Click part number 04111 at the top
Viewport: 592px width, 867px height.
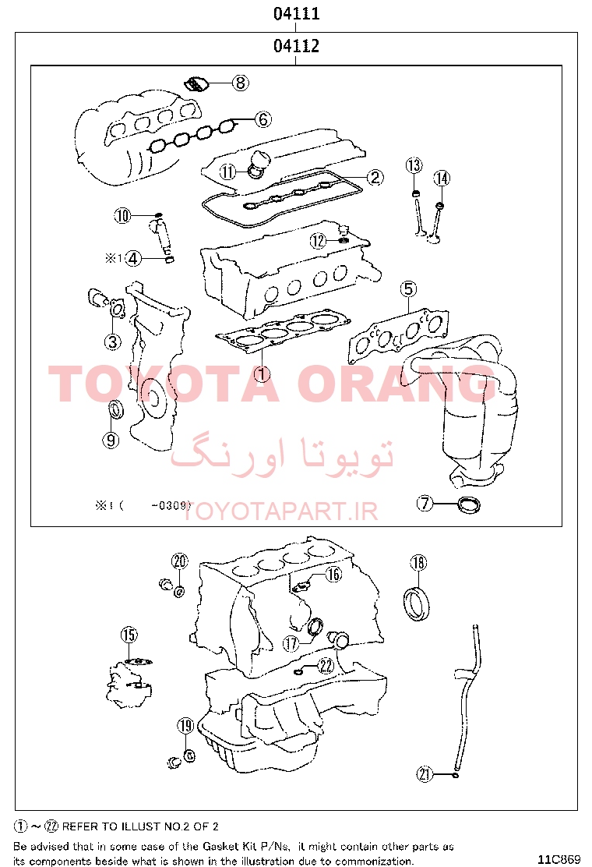click(x=297, y=12)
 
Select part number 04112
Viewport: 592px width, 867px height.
click(x=297, y=45)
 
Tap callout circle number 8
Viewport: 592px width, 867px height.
click(x=240, y=83)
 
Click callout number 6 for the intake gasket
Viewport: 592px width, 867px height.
click(x=263, y=119)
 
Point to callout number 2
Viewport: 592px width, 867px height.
click(x=375, y=177)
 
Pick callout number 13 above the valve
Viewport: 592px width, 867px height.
click(x=414, y=165)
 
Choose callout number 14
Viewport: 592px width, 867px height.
click(x=442, y=178)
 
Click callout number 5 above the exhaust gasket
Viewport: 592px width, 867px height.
click(x=408, y=288)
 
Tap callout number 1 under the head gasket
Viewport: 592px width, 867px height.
click(x=262, y=374)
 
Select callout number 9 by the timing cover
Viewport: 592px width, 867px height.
click(x=111, y=440)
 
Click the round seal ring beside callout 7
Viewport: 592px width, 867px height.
click(x=469, y=504)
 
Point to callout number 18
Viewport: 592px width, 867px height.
click(x=418, y=563)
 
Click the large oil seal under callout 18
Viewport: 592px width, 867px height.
click(x=417, y=604)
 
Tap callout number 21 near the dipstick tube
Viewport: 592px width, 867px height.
click(x=425, y=774)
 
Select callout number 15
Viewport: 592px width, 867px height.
click(x=129, y=635)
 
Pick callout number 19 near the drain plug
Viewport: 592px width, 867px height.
click(x=185, y=725)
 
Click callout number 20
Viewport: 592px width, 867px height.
click(x=180, y=562)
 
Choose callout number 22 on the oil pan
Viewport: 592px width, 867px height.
click(x=326, y=665)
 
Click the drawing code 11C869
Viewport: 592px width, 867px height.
click(x=559, y=858)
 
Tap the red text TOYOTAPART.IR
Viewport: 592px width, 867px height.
click(x=280, y=511)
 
